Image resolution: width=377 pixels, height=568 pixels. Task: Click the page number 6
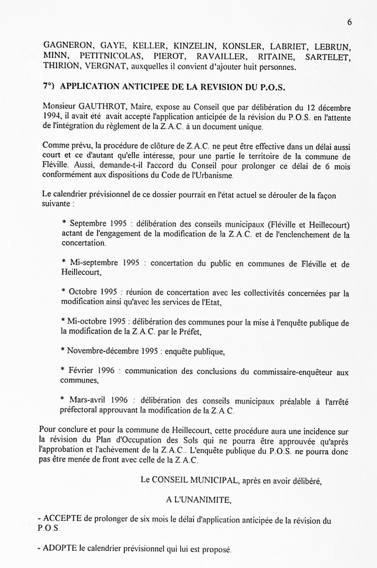[x=349, y=22]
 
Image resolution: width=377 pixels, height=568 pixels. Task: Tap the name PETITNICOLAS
[x=111, y=56]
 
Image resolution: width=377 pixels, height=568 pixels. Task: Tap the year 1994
[x=51, y=117]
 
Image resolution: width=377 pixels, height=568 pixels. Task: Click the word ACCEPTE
[x=63, y=519]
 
